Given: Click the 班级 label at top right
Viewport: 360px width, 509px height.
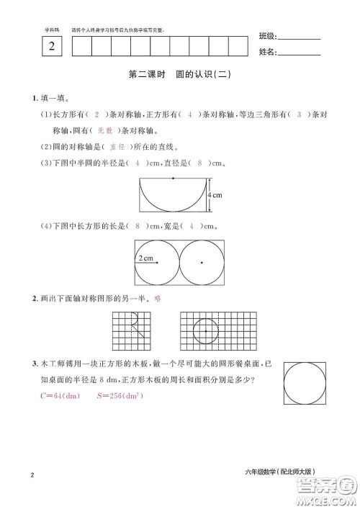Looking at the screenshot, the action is click(266, 37).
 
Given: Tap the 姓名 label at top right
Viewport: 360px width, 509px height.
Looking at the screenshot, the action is click(266, 52).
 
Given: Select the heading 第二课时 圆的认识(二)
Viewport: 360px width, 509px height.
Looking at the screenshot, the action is click(181, 74).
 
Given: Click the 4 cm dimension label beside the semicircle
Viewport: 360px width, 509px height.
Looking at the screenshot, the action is click(215, 195).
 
